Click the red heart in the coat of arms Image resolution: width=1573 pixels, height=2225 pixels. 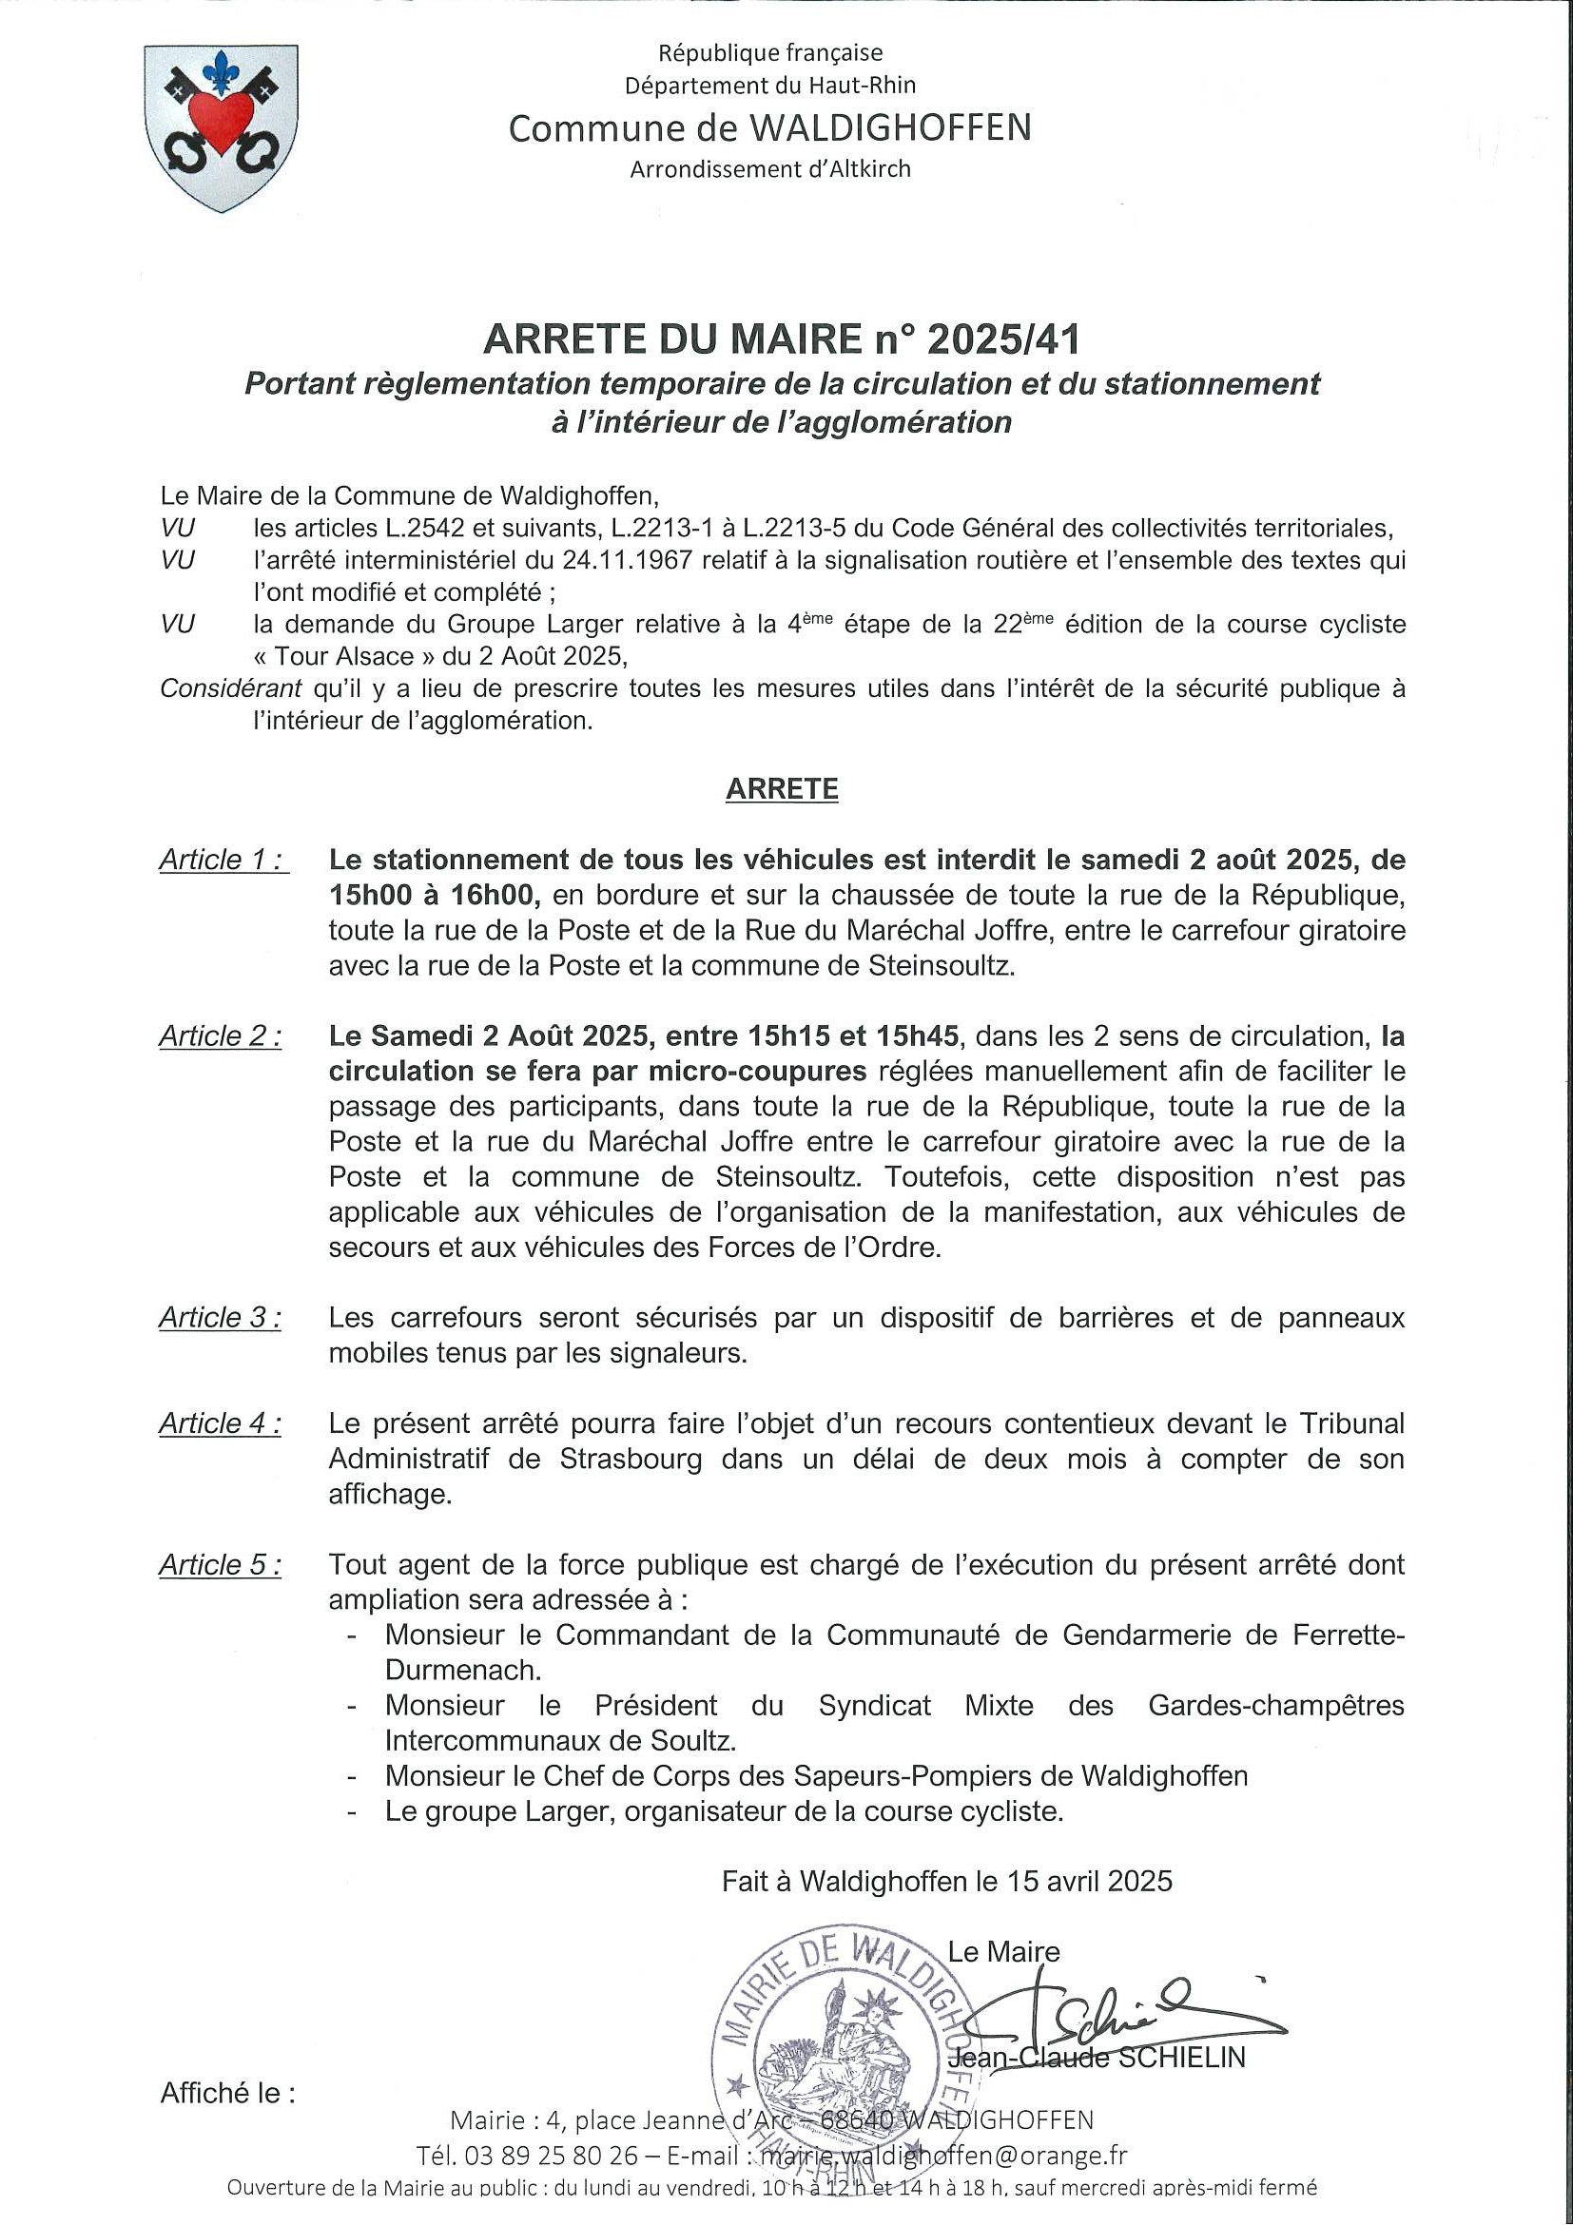tap(221, 119)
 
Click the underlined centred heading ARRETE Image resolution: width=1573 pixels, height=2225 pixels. tap(781, 789)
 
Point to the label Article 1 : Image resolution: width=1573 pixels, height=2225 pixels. tap(222, 860)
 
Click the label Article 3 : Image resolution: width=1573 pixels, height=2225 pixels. tap(220, 1318)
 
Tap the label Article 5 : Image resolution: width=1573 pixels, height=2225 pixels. tap(220, 1565)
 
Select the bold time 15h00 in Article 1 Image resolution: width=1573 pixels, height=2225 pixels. tap(367, 895)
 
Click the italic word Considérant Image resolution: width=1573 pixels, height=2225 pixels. tap(227, 689)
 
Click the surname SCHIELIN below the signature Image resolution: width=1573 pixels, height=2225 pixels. tap(1180, 2058)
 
